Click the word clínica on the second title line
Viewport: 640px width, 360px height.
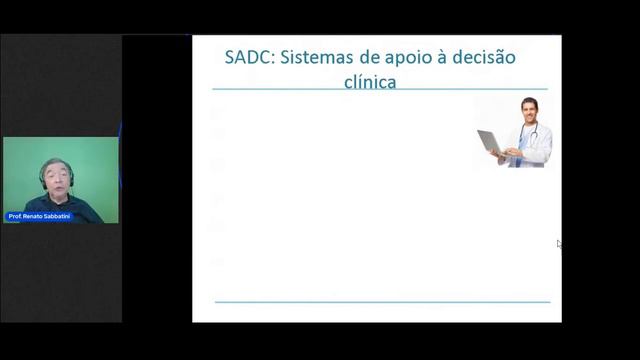coord(369,82)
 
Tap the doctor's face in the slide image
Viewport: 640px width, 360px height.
coord(529,111)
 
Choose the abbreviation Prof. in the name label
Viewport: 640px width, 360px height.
coord(15,217)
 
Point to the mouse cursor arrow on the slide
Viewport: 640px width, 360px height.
coord(559,243)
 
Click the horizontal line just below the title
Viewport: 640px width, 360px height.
coord(380,90)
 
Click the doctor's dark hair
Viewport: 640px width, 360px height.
coord(529,101)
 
